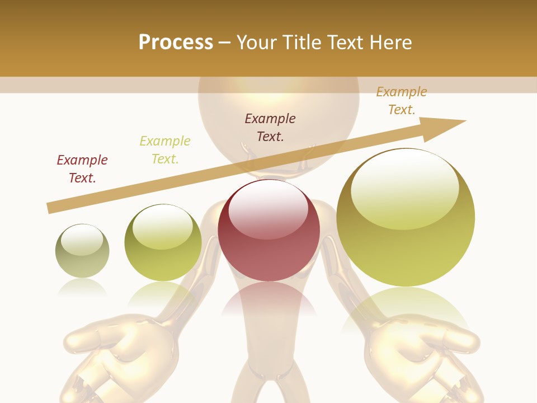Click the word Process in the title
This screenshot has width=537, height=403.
(176, 42)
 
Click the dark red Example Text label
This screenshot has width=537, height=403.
(82, 168)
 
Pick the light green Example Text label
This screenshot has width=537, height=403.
(165, 149)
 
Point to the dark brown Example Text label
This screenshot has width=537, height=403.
(270, 127)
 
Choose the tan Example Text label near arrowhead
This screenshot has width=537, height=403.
(402, 101)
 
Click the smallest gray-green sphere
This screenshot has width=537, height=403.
(82, 251)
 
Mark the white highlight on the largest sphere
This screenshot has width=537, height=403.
(404, 188)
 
